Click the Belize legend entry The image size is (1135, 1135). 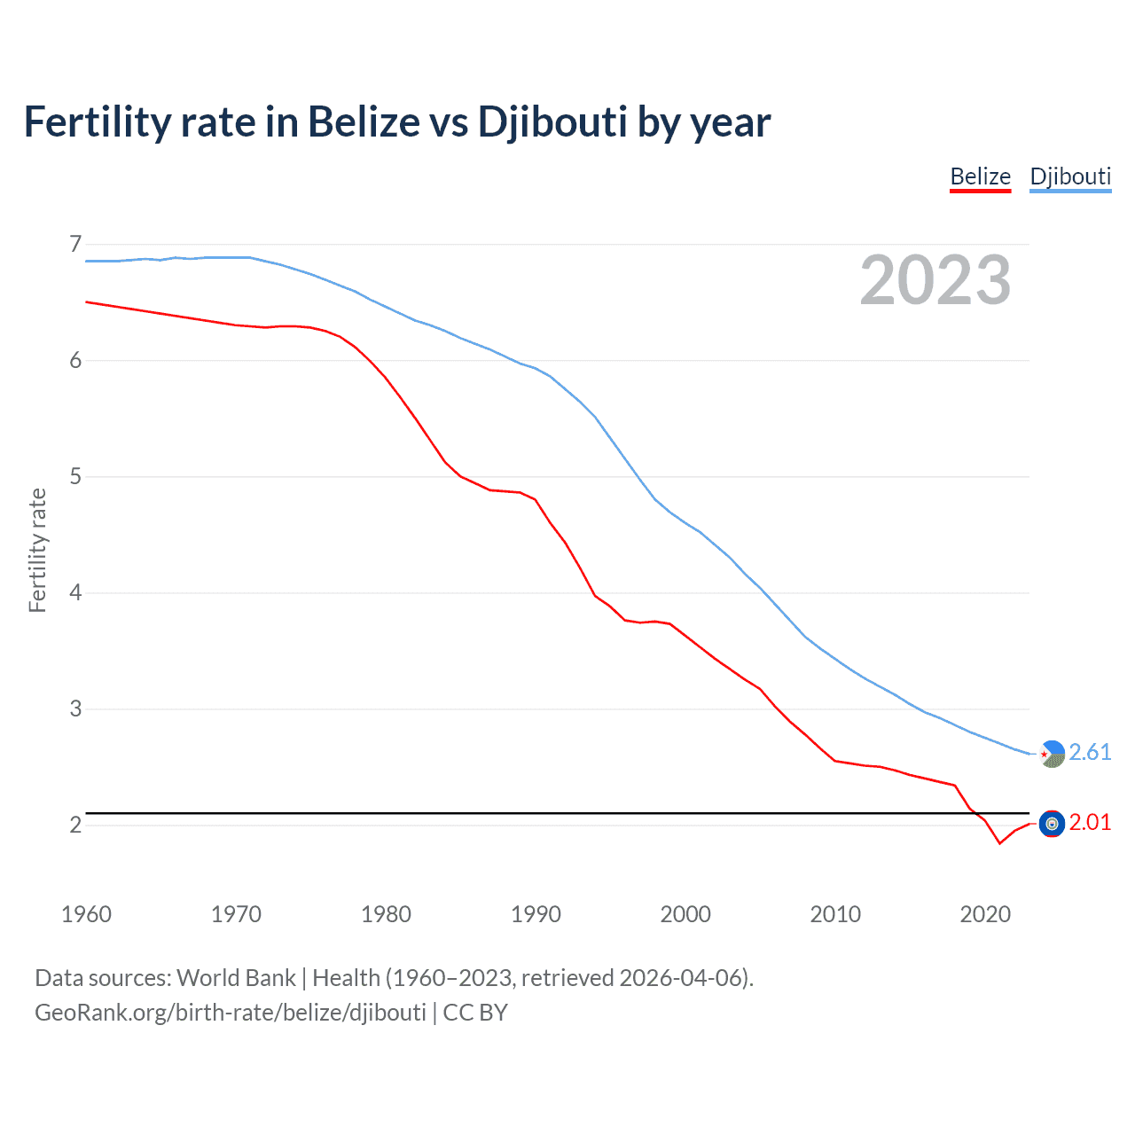click(980, 176)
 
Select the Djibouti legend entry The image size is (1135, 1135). click(1070, 176)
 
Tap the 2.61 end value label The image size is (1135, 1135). click(1090, 752)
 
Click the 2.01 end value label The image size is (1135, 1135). click(1090, 823)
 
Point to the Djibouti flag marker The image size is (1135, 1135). click(1052, 754)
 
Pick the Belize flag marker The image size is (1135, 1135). click(1052, 824)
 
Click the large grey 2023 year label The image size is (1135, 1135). click(935, 280)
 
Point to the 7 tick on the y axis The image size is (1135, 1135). click(75, 244)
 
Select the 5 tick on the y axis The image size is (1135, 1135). click(75, 477)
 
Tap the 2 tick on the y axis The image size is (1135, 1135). click(75, 825)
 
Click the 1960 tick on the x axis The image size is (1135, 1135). click(86, 914)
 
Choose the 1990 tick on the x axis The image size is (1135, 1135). click(536, 914)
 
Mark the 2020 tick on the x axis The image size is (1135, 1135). click(985, 914)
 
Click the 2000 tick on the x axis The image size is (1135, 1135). click(685, 914)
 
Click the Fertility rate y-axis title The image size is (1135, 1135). click(37, 550)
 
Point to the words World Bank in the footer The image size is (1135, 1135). click(236, 978)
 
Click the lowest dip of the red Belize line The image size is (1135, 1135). click(999, 843)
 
